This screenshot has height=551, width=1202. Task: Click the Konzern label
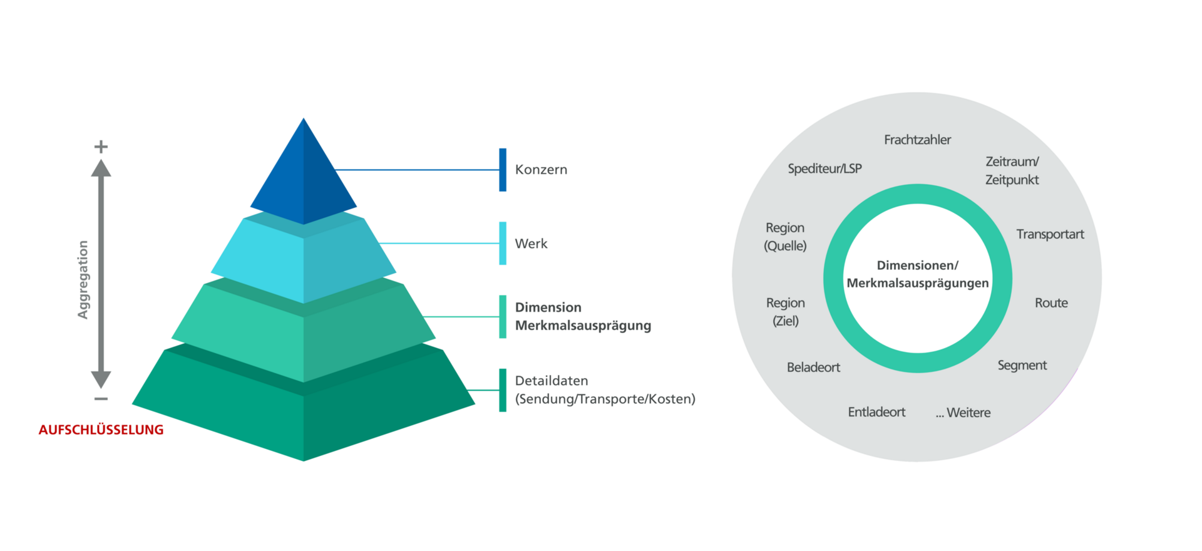(541, 170)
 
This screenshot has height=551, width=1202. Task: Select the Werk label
(531, 244)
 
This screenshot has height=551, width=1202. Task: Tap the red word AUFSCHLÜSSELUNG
(101, 430)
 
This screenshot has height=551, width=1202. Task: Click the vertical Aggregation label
(83, 279)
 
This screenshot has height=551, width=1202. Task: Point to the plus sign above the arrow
(101, 147)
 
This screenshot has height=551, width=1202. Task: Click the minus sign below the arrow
(101, 399)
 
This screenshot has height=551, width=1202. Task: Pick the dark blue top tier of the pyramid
(304, 178)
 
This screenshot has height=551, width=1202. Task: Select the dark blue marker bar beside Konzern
(503, 170)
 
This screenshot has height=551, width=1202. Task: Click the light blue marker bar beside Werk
(503, 244)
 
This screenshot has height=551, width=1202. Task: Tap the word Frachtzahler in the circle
(917, 140)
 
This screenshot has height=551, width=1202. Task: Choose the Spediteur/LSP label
(824, 168)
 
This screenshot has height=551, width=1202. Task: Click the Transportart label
(1050, 234)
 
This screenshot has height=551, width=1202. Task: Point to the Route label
(1051, 303)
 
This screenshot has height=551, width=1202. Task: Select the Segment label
(1022, 366)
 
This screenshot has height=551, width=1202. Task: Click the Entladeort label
(876, 412)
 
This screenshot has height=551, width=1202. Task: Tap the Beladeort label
(813, 368)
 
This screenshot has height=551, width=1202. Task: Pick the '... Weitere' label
(963, 413)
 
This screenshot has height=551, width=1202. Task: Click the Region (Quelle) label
(785, 237)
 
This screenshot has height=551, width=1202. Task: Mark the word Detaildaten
(551, 381)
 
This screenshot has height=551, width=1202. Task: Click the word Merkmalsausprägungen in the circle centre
(918, 283)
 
